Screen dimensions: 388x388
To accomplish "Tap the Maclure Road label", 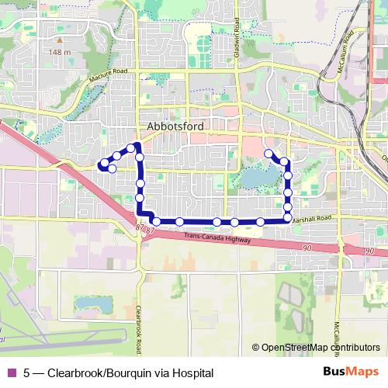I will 108,71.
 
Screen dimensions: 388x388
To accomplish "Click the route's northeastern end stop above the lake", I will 268,154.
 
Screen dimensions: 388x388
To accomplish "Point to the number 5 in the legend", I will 27,373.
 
